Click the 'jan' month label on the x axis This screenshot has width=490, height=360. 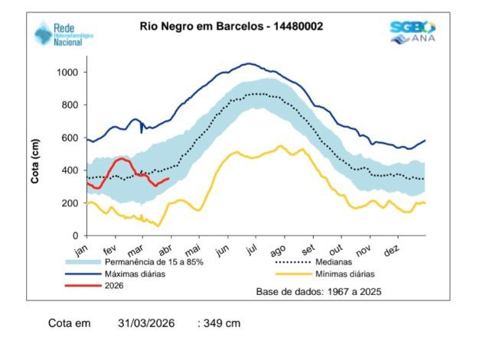82,251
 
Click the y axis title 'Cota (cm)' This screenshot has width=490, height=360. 34,161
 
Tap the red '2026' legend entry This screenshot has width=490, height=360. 103,285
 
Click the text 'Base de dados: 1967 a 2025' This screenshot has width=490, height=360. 318,291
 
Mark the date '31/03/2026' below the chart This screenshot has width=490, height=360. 146,323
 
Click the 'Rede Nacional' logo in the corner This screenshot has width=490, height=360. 59,34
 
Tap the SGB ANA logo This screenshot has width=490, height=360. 413,31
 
